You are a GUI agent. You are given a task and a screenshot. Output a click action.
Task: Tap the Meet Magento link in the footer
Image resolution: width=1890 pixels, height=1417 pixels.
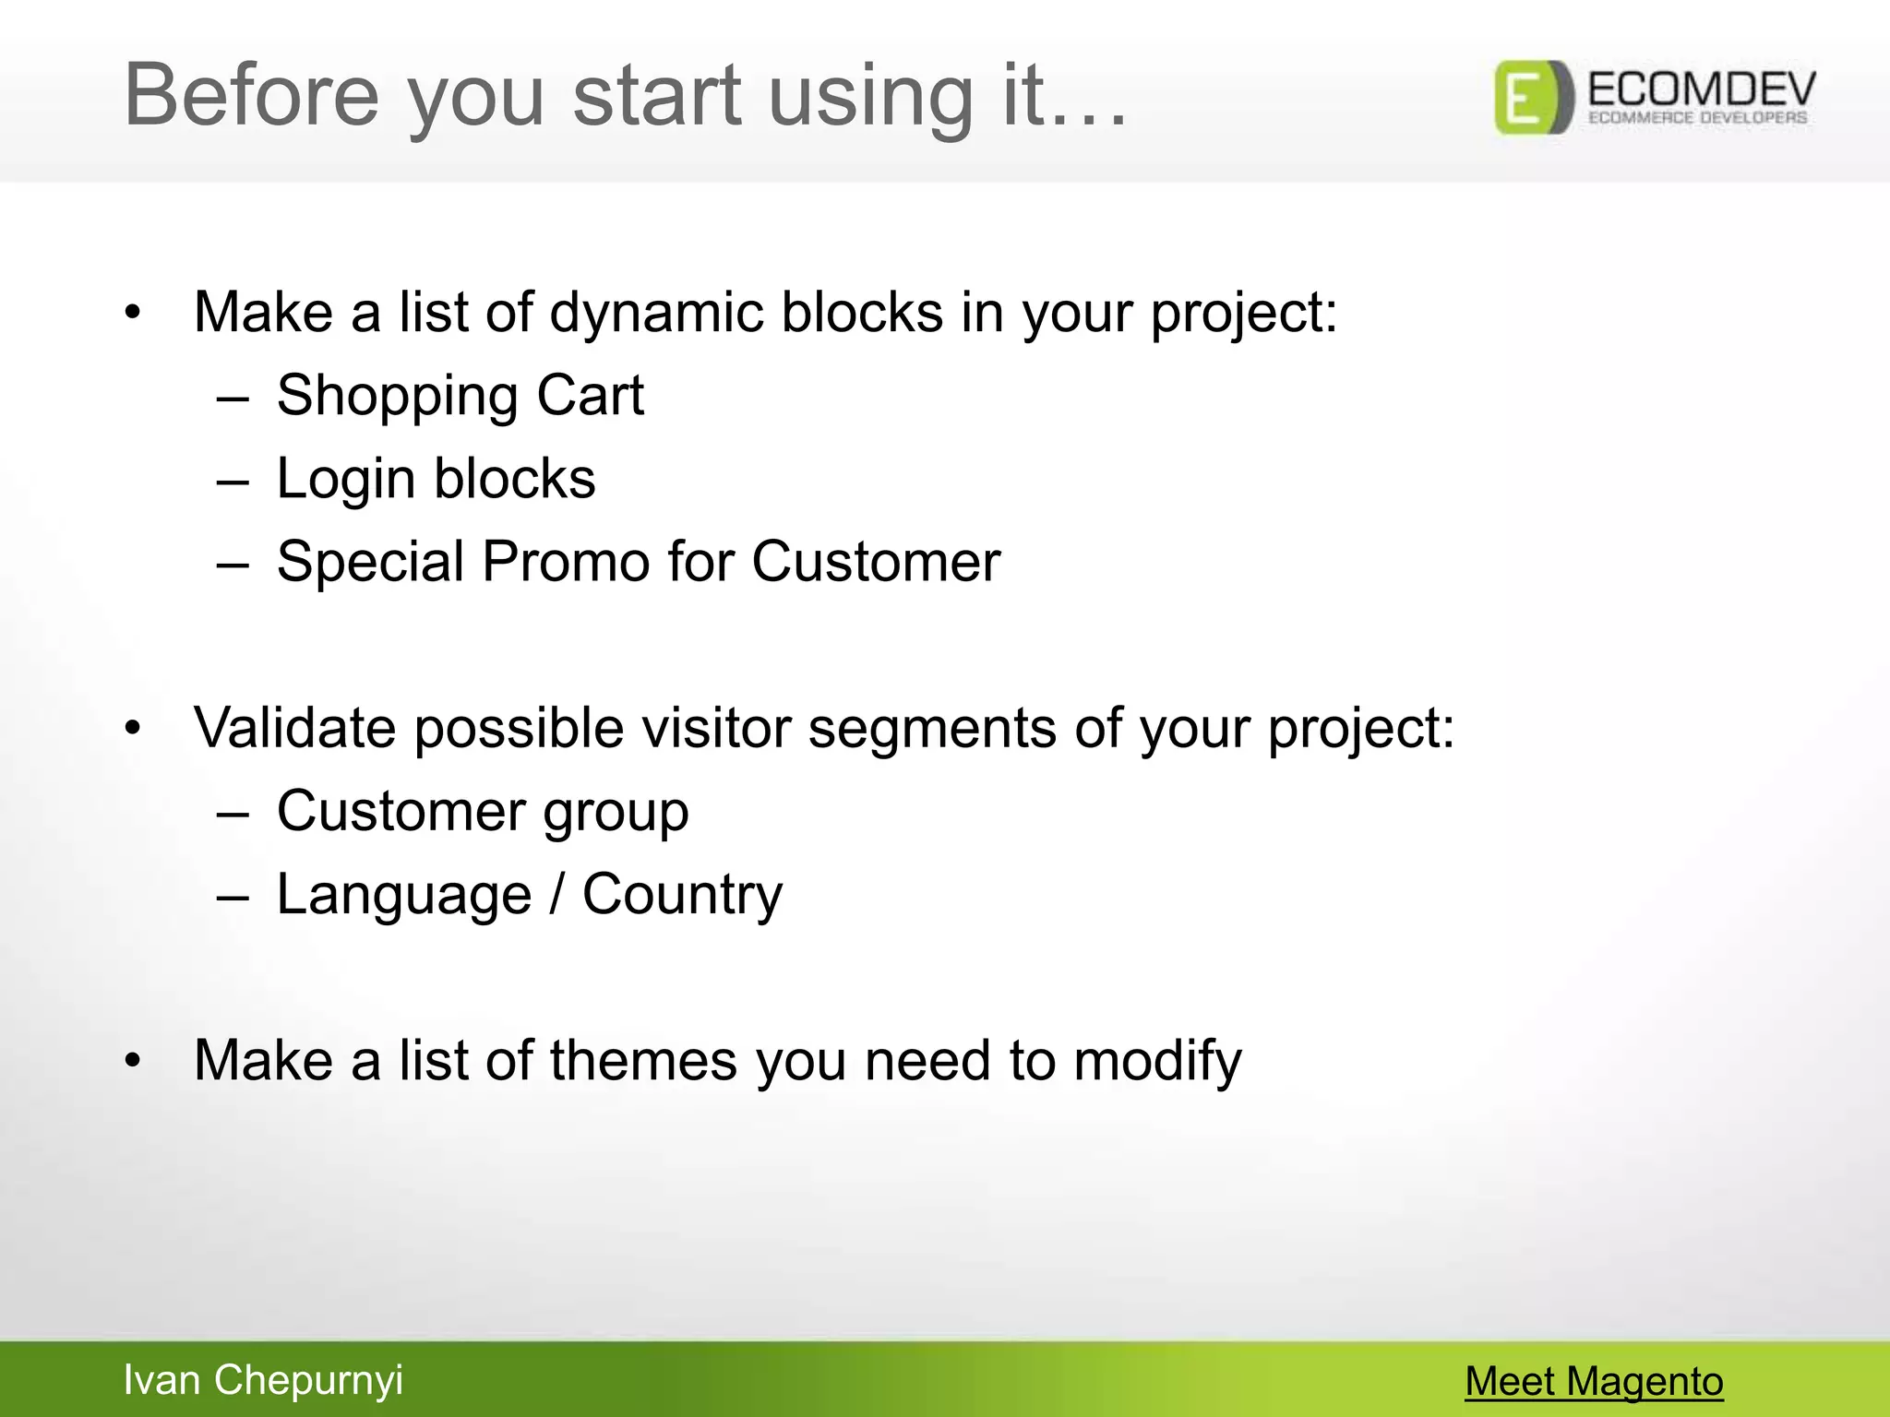[x=1594, y=1381]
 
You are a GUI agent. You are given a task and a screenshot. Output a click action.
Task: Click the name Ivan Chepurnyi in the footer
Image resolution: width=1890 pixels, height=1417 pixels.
[x=263, y=1379]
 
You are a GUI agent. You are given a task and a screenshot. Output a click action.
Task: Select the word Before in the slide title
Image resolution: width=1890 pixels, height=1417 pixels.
[x=251, y=95]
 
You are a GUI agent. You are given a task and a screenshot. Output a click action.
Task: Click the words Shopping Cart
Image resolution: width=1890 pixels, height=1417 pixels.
[x=460, y=396]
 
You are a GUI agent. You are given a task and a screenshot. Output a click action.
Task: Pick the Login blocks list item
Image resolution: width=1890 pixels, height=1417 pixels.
[x=436, y=479]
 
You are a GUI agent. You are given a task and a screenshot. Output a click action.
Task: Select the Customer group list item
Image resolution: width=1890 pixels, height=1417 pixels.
[x=483, y=812]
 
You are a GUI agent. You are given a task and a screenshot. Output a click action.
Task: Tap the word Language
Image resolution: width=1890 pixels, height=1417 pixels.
[x=404, y=895]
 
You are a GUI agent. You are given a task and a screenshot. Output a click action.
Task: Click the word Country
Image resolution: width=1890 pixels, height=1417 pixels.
[x=682, y=895]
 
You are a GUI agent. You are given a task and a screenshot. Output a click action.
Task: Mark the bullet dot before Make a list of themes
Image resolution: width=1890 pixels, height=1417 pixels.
[x=134, y=1062]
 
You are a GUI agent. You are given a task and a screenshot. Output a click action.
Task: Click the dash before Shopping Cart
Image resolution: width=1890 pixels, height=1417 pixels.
[x=233, y=399]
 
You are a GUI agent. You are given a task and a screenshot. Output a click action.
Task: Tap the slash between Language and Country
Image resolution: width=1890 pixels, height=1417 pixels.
[x=556, y=894]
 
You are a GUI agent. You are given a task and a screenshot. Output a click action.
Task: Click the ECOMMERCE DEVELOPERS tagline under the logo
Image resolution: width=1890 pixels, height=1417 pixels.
[x=1697, y=118]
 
